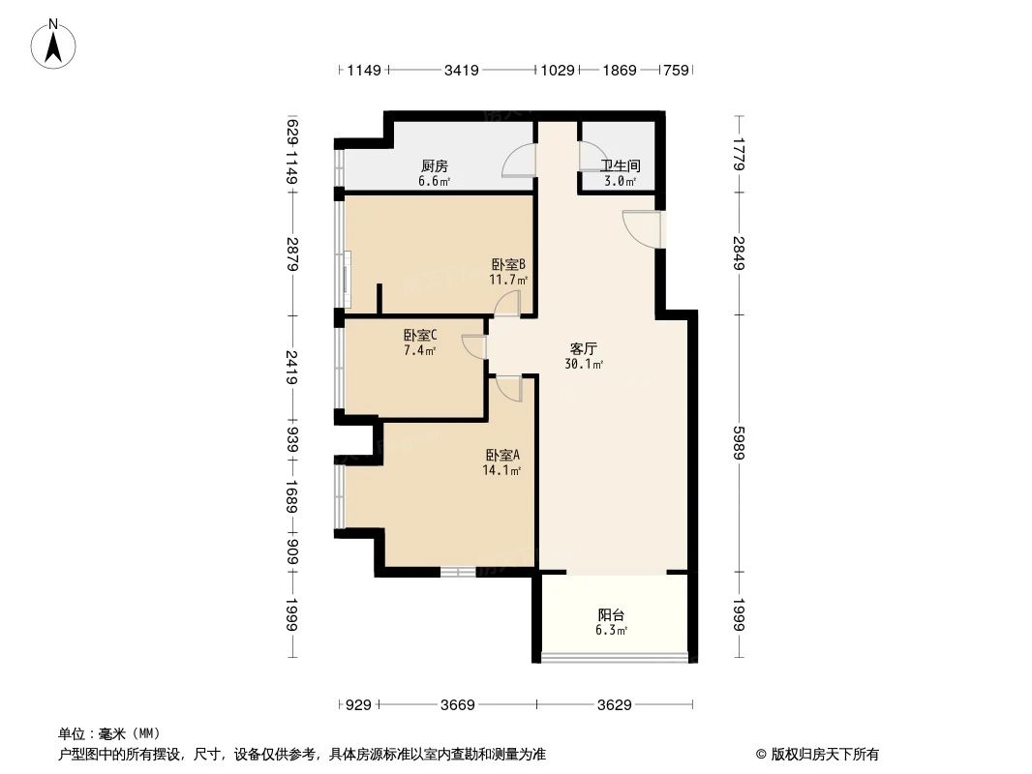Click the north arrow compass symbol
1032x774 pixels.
pos(55,43)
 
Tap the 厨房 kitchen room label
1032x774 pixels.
pos(434,165)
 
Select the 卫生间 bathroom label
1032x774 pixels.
pos(620,166)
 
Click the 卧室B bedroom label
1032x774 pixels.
pos(508,264)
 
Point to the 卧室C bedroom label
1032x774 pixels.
pos(420,336)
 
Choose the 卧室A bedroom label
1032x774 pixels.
pos(502,456)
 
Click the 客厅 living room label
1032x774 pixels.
pos(584,349)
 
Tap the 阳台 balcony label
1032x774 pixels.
pos(611,614)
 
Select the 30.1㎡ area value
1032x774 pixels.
pos(584,365)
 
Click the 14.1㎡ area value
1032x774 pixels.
pos(502,471)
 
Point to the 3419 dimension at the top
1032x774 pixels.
pos(461,70)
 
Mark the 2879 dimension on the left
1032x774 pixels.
pos(292,255)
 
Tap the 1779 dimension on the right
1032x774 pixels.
pos(739,155)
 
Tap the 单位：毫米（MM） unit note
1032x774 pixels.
pos(109,733)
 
